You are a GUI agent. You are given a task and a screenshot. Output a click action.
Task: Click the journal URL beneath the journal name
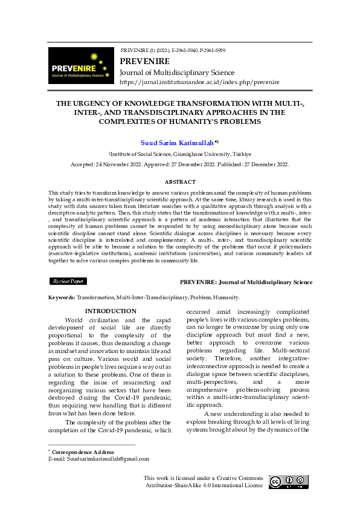(199, 82)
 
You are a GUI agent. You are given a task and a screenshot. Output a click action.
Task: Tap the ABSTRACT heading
(180, 182)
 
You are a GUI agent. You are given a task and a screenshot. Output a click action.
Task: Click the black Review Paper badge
(68, 281)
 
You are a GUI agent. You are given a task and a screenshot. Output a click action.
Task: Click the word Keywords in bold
(62, 297)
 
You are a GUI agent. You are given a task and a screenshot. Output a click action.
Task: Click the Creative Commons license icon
(291, 482)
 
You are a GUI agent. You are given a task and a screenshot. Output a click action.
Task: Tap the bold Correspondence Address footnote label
(83, 452)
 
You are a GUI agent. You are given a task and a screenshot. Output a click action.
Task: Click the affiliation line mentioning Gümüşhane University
(179, 155)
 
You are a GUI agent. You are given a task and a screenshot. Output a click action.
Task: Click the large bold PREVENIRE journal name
(145, 62)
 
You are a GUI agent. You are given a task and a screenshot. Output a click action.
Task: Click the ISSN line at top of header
(173, 50)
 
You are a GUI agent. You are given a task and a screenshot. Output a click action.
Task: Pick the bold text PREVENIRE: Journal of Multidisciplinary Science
(246, 282)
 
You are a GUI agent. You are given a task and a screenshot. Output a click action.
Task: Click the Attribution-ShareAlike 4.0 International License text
(204, 485)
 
